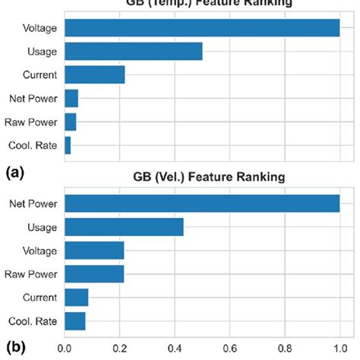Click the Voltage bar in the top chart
coord(202,28)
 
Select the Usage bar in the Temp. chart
coord(134,52)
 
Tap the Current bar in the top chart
coord(95,75)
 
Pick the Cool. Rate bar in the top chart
coord(68,145)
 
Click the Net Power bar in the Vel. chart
coord(202,204)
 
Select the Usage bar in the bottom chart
coord(125,227)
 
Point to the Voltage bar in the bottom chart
coord(94,251)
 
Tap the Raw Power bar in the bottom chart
coord(94,274)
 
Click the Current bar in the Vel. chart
coord(77,297)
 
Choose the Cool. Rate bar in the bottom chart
coord(75,321)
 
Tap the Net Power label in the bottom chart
coord(33,204)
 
